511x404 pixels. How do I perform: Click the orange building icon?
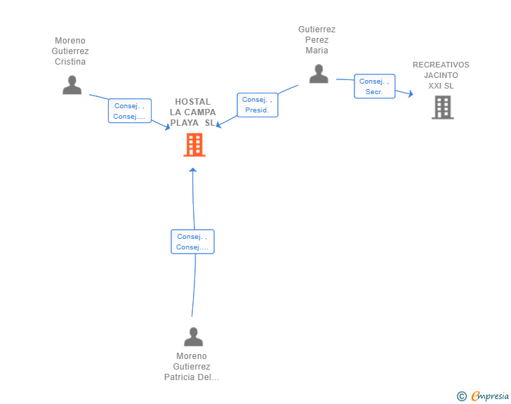pos(194,145)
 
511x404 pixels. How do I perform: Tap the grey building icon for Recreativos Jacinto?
pos(442,107)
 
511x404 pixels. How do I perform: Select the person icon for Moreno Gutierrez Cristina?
pos(72,85)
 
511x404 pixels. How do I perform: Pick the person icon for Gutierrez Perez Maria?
pos(319,74)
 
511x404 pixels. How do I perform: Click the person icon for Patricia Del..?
pos(194,337)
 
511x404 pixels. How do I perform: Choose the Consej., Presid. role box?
pos(258,105)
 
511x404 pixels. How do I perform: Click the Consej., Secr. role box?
pos(374,86)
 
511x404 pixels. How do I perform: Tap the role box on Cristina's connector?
pos(130,111)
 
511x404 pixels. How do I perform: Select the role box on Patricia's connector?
pos(192,242)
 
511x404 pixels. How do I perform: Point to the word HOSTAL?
pos(192,102)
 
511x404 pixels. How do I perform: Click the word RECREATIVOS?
pos(441,65)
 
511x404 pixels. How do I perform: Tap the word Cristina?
pos(70,62)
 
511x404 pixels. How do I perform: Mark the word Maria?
pos(317,51)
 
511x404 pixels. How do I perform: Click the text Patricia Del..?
pos(192,377)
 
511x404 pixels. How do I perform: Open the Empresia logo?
pos(490,396)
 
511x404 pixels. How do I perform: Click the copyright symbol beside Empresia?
pos(462,396)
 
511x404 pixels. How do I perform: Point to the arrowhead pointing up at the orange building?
pos(193,170)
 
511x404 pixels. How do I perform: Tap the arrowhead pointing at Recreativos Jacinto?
pos(411,94)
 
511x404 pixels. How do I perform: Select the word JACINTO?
pos(441,75)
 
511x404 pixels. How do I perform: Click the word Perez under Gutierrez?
pos(317,40)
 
